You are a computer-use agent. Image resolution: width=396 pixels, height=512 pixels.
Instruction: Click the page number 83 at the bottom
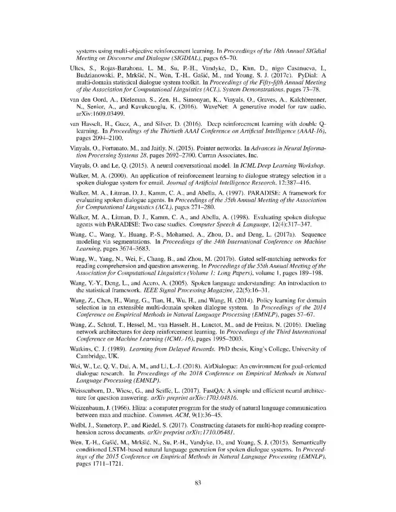(x=198, y=483)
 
